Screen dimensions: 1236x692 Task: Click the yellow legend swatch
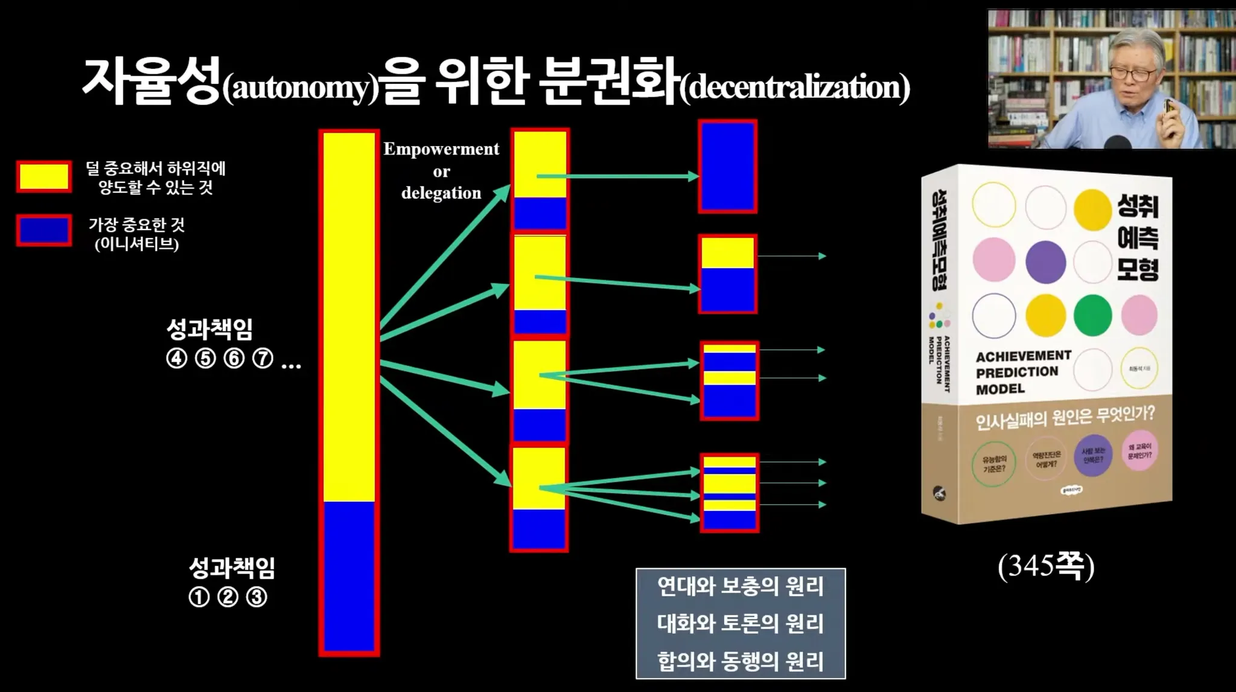point(44,176)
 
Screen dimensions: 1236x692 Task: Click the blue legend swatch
point(44,230)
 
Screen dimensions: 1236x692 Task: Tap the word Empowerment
point(441,149)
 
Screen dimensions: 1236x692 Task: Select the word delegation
point(441,193)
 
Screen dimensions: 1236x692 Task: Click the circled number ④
point(176,359)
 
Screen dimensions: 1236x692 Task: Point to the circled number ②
point(228,597)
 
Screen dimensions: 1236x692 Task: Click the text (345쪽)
point(1045,566)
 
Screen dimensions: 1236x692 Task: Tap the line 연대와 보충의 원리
point(740,586)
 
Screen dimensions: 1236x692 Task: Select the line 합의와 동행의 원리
point(740,661)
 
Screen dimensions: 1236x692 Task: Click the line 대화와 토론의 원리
point(740,624)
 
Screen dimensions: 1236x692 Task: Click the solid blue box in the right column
point(728,167)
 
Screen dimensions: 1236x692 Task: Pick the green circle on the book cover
point(1092,315)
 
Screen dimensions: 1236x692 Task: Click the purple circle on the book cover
point(1045,262)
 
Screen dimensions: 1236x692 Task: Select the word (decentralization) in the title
point(795,88)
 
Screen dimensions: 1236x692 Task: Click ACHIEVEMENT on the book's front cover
point(1024,356)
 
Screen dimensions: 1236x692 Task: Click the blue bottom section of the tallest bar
point(349,577)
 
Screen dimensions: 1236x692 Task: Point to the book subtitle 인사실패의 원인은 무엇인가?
point(1065,417)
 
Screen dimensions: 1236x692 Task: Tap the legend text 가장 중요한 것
point(137,225)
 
